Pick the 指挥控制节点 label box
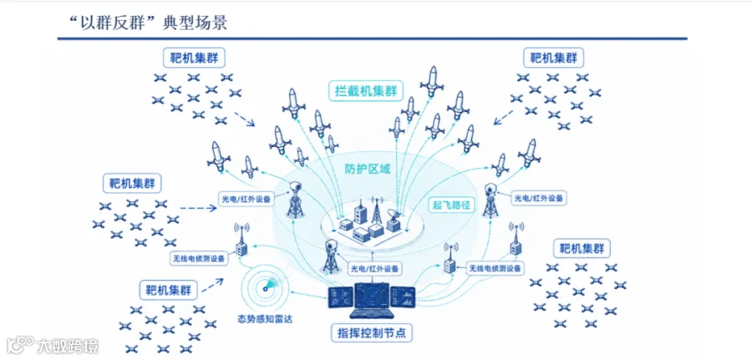tap(368, 332)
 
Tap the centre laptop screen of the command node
tap(372, 297)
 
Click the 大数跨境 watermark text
tap(69, 344)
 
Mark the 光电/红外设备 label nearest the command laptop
tap(374, 268)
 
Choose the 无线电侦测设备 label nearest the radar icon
tap(198, 258)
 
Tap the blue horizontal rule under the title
tap(372, 38)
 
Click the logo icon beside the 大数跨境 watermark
tap(21, 343)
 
